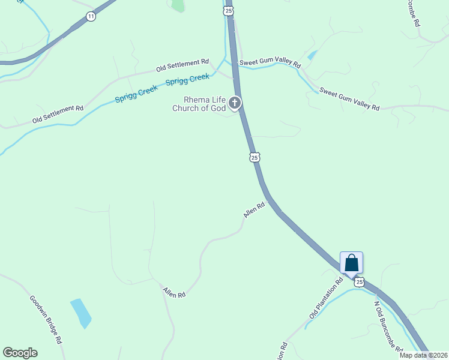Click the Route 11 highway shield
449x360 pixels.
(91, 16)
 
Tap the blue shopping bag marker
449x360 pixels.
(351, 263)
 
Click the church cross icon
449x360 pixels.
(234, 103)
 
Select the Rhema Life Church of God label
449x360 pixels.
(199, 104)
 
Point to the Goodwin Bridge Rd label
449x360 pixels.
(46, 319)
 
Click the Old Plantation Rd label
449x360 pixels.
(326, 298)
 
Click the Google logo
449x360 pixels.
(20, 352)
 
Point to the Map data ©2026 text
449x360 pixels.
(423, 355)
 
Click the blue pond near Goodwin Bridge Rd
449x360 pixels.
(81, 313)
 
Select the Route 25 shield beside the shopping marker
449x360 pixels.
(359, 281)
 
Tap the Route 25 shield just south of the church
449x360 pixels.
(255, 157)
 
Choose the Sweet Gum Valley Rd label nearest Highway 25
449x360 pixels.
(270, 63)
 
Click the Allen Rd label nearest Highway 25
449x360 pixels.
(254, 210)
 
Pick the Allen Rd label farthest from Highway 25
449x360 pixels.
(174, 292)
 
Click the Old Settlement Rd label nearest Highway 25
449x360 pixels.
(182, 65)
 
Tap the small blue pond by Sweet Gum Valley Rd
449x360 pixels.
(312, 55)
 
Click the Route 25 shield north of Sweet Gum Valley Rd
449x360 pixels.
(228, 11)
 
